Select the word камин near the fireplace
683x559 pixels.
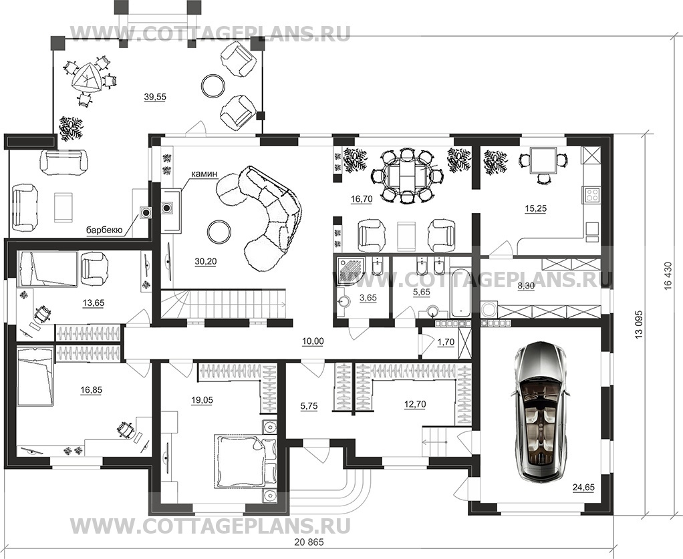click(x=204, y=174)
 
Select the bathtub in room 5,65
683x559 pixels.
click(x=461, y=292)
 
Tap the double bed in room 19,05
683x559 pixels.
click(x=239, y=461)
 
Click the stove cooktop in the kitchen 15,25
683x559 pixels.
click(x=592, y=194)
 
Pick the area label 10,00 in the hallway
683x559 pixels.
click(x=313, y=341)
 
